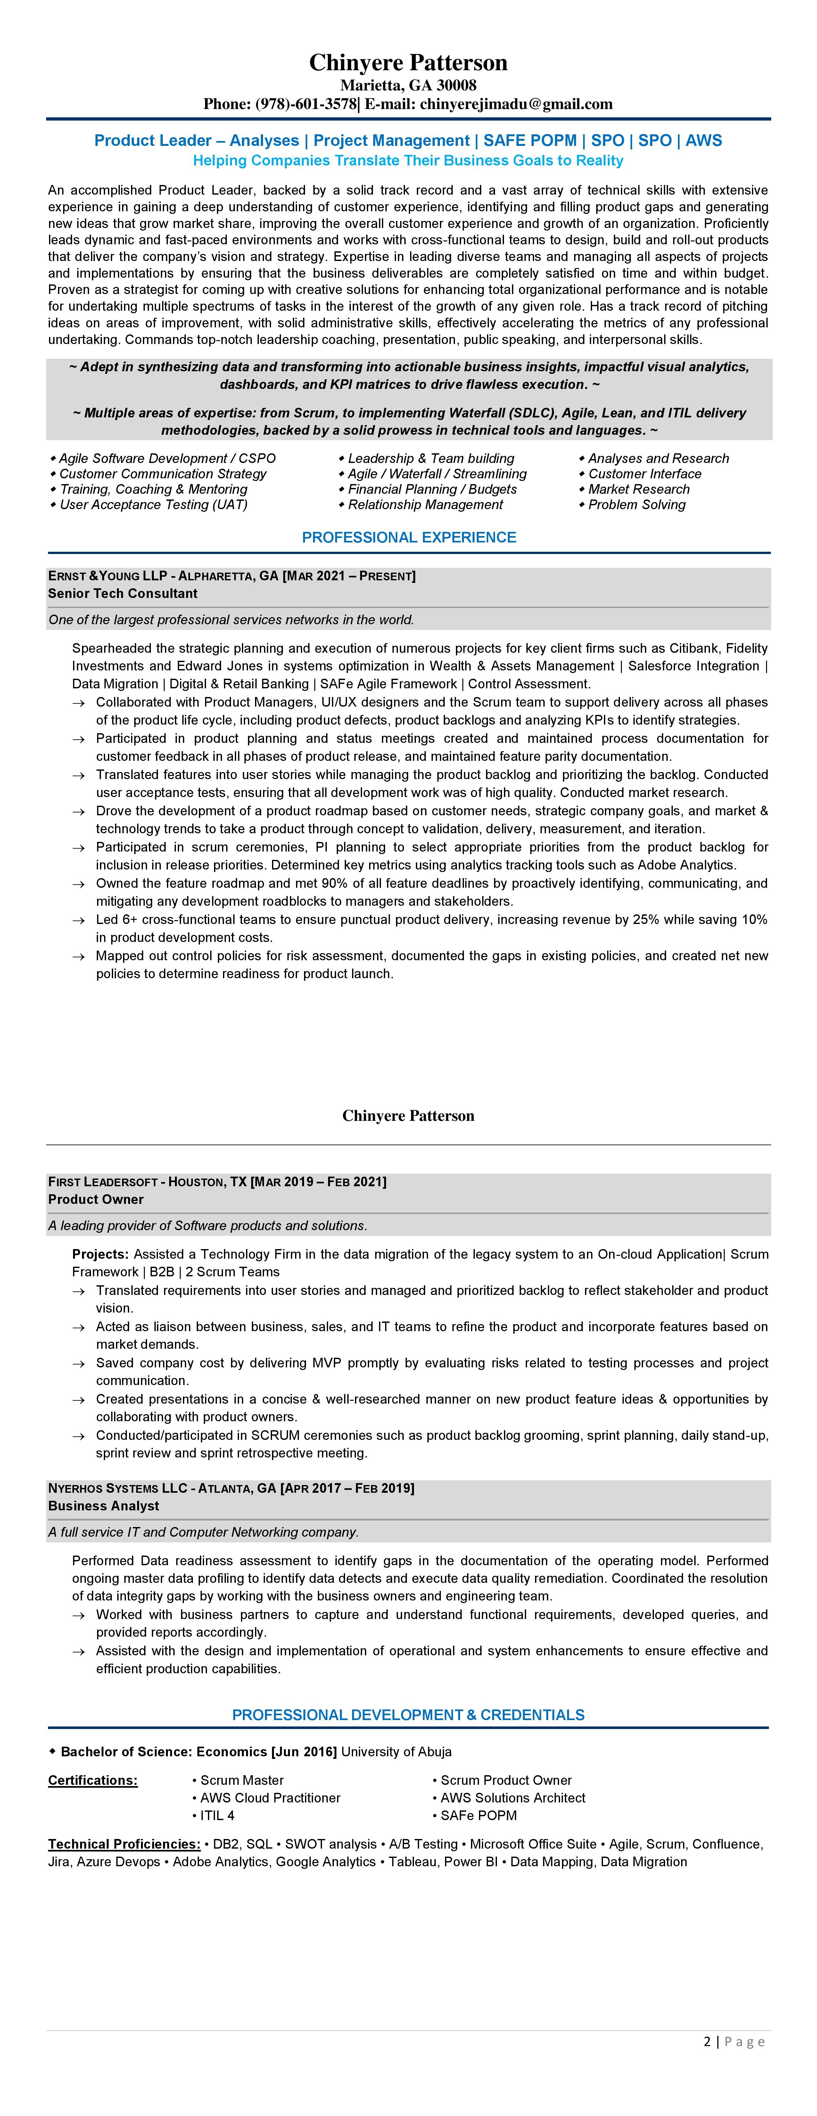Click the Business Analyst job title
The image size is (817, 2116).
103,1506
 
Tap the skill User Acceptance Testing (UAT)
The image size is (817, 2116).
153,504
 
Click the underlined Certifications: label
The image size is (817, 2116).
93,1780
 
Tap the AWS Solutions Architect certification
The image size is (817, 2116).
512,1798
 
